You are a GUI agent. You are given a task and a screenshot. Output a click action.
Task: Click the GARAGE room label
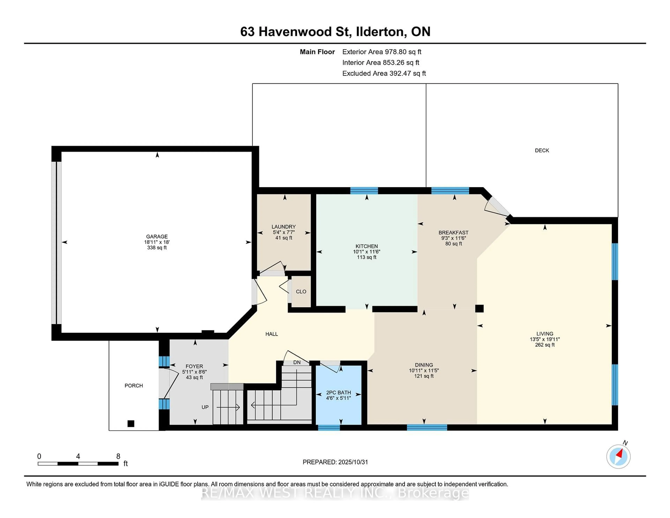pyautogui.click(x=157, y=236)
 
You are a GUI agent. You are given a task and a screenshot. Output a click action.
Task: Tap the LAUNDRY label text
pyautogui.click(x=284, y=227)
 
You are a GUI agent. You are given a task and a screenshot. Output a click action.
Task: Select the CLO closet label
pyautogui.click(x=301, y=291)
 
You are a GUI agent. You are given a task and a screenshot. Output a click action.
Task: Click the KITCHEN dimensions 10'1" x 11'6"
pyautogui.click(x=367, y=252)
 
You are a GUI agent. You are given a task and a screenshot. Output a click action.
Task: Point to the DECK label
pyautogui.click(x=542, y=150)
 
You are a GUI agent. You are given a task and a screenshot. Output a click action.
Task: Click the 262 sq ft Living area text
pyautogui.click(x=545, y=345)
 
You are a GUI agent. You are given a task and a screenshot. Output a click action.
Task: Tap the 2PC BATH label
pyautogui.click(x=338, y=393)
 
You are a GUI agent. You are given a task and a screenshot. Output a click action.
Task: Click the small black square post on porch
pyautogui.click(x=131, y=423)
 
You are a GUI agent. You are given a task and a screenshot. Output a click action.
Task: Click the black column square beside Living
pyautogui.click(x=479, y=308)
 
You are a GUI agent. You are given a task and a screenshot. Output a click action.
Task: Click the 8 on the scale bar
pyautogui.click(x=118, y=456)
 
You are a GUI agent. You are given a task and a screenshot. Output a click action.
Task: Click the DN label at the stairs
pyautogui.click(x=297, y=362)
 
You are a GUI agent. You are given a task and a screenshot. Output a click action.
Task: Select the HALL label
pyautogui.click(x=271, y=334)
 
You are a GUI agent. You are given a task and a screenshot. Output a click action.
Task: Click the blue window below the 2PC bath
pyautogui.click(x=329, y=427)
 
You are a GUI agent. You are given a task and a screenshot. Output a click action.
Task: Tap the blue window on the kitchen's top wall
pyautogui.click(x=364, y=191)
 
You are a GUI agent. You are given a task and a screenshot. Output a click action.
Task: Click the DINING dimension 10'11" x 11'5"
pyautogui.click(x=424, y=370)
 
